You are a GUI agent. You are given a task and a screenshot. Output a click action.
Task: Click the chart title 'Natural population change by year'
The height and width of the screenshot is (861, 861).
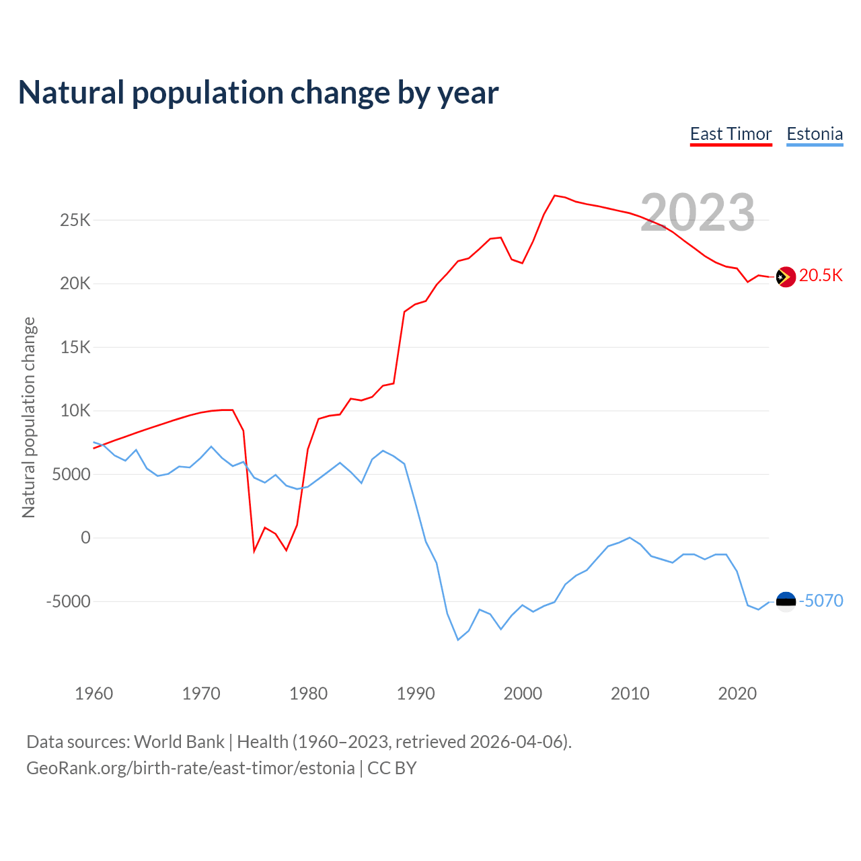tap(258, 93)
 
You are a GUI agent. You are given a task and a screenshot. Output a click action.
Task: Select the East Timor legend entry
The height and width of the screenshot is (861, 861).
tap(731, 134)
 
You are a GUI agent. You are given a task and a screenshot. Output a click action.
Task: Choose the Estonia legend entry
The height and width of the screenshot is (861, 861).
tap(815, 134)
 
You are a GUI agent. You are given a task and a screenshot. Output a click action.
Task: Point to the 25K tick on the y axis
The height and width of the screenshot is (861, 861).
tap(75, 220)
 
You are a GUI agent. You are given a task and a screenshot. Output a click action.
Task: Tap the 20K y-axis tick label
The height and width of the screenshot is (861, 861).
tap(75, 284)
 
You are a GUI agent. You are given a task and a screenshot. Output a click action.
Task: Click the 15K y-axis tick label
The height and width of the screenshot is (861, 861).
tap(75, 347)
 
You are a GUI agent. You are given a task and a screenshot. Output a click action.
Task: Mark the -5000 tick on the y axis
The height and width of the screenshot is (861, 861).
tap(68, 601)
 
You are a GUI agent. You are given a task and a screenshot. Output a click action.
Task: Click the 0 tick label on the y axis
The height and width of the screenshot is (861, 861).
tap(85, 537)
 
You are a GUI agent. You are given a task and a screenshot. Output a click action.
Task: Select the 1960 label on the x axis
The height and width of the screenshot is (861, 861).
tap(94, 694)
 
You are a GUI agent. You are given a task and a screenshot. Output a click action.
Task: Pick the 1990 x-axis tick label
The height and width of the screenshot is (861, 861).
tap(416, 694)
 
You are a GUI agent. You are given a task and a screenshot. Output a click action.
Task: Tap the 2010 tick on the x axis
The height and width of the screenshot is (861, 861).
tap(630, 694)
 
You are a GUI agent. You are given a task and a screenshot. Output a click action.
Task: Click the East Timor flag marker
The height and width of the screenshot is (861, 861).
tap(785, 276)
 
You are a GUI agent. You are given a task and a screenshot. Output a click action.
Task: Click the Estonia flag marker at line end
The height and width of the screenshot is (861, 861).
tap(786, 601)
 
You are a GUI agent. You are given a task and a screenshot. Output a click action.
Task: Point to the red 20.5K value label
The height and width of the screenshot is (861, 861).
tap(821, 276)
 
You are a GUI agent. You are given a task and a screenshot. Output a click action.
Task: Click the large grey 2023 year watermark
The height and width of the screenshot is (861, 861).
tap(698, 213)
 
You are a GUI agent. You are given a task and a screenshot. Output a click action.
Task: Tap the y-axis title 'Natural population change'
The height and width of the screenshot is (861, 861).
tap(28, 417)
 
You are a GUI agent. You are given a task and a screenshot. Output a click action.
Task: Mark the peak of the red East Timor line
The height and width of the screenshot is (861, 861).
tap(554, 196)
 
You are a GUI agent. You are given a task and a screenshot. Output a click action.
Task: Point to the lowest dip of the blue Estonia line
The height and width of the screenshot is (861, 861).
tap(458, 640)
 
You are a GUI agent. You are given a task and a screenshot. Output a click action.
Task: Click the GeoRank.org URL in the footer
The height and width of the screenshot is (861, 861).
tap(190, 768)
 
